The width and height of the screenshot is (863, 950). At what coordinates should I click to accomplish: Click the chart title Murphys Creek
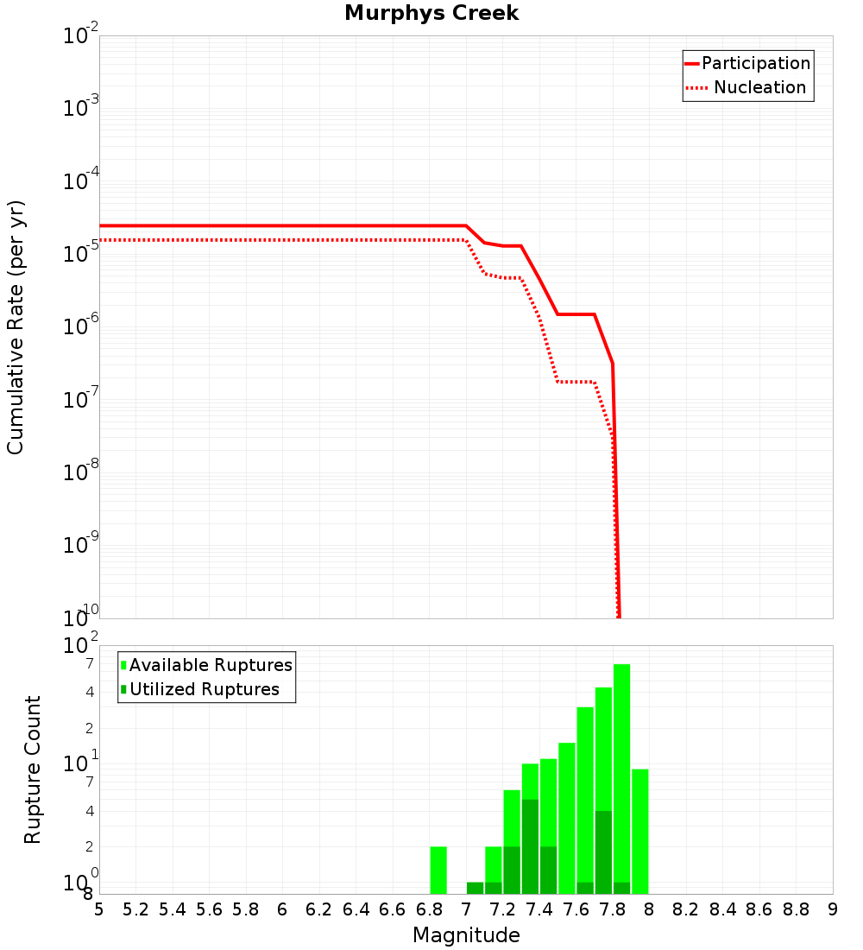tap(431, 14)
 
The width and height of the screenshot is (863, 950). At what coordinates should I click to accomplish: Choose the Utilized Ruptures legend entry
tap(204, 690)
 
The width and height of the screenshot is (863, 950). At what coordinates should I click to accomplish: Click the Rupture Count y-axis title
tap(33, 769)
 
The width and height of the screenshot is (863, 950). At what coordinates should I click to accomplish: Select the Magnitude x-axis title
tap(466, 935)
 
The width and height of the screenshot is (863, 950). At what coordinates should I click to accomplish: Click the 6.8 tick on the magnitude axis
tap(429, 909)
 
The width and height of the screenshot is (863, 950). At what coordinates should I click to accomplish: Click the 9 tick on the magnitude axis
tap(832, 909)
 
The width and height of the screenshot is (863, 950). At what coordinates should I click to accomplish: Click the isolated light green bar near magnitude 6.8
tap(438, 870)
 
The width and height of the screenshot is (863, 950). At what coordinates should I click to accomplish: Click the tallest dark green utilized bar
tap(530, 846)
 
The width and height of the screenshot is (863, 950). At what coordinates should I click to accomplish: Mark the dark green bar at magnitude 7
tap(475, 888)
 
